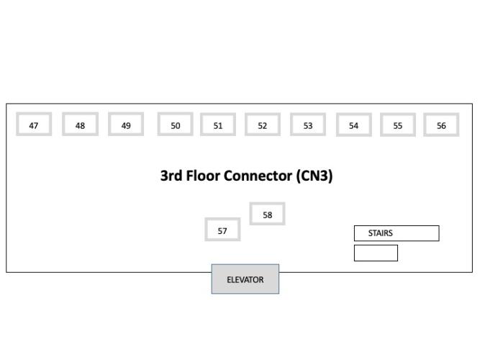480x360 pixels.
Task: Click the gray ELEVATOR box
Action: point(245,279)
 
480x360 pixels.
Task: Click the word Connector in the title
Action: point(258,176)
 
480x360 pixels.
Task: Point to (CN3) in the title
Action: point(314,176)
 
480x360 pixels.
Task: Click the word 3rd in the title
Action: point(172,176)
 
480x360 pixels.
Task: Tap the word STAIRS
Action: point(381,233)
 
